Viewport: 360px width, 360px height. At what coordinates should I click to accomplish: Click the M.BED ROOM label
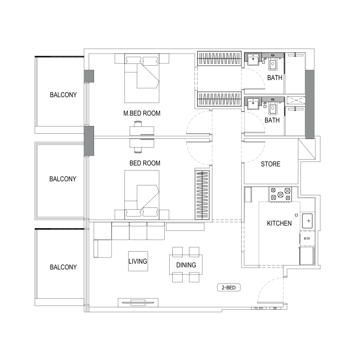pos(142,113)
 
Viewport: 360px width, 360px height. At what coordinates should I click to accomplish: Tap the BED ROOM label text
pos(145,163)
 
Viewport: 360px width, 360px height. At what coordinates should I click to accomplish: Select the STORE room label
pos(270,164)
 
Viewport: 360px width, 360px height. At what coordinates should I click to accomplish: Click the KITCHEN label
pos(279,223)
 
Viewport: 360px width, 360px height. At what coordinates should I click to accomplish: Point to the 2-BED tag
pos(229,288)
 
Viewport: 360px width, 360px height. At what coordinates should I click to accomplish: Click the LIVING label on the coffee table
pos(138,261)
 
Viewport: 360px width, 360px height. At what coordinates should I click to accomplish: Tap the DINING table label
pos(186,265)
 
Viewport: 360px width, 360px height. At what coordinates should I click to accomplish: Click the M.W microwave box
pos(306,238)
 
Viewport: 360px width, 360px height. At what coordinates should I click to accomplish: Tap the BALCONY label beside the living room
pos(63,267)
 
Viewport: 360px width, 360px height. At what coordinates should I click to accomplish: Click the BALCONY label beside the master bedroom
pos(63,95)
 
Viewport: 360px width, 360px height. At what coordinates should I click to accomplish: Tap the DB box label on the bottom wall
pos(274,309)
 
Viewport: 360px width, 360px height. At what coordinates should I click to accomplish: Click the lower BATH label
pos(272,120)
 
